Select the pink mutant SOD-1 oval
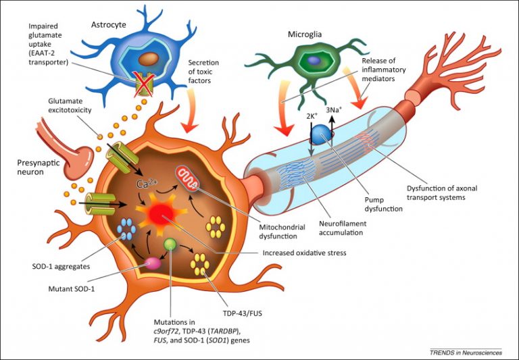149,261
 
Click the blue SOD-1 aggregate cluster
127,230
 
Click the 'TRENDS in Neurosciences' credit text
466,351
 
